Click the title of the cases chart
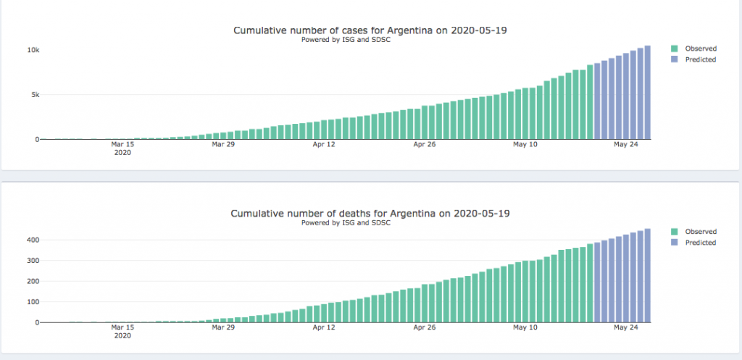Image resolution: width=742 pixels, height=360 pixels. click(375, 30)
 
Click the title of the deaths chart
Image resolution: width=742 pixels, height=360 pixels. click(375, 214)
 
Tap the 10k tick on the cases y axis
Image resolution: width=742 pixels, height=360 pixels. click(33, 50)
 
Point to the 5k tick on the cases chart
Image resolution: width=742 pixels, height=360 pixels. click(35, 95)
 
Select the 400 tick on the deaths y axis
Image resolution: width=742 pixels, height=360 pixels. click(32, 240)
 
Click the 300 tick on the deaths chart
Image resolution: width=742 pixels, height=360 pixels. click(32, 261)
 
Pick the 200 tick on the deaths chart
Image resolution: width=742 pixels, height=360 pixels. click(32, 281)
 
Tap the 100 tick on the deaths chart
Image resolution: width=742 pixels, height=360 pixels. click(32, 302)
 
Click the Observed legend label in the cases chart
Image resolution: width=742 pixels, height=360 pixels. click(700, 49)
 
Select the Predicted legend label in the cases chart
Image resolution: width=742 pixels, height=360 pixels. click(700, 59)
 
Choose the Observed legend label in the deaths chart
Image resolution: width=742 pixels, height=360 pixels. click(700, 232)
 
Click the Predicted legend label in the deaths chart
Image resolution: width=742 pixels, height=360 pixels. click(700, 243)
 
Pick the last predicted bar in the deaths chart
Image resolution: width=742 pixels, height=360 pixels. click(648, 276)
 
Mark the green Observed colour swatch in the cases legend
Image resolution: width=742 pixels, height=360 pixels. click(675, 49)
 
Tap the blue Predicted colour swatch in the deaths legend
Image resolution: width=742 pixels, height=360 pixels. click(675, 243)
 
